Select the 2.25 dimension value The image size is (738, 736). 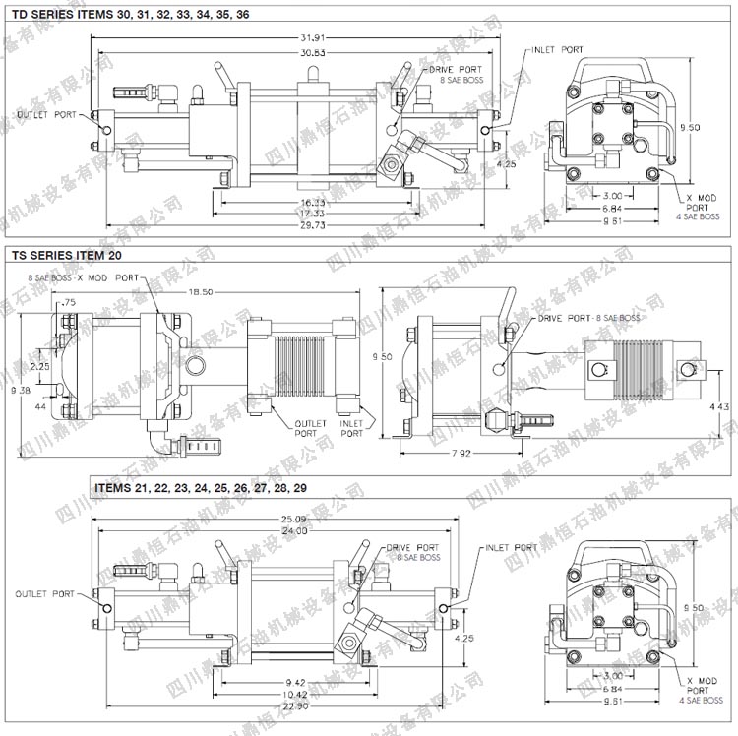tap(39, 365)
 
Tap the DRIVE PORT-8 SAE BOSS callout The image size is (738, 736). tap(588, 319)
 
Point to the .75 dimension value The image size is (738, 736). tap(68, 302)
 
